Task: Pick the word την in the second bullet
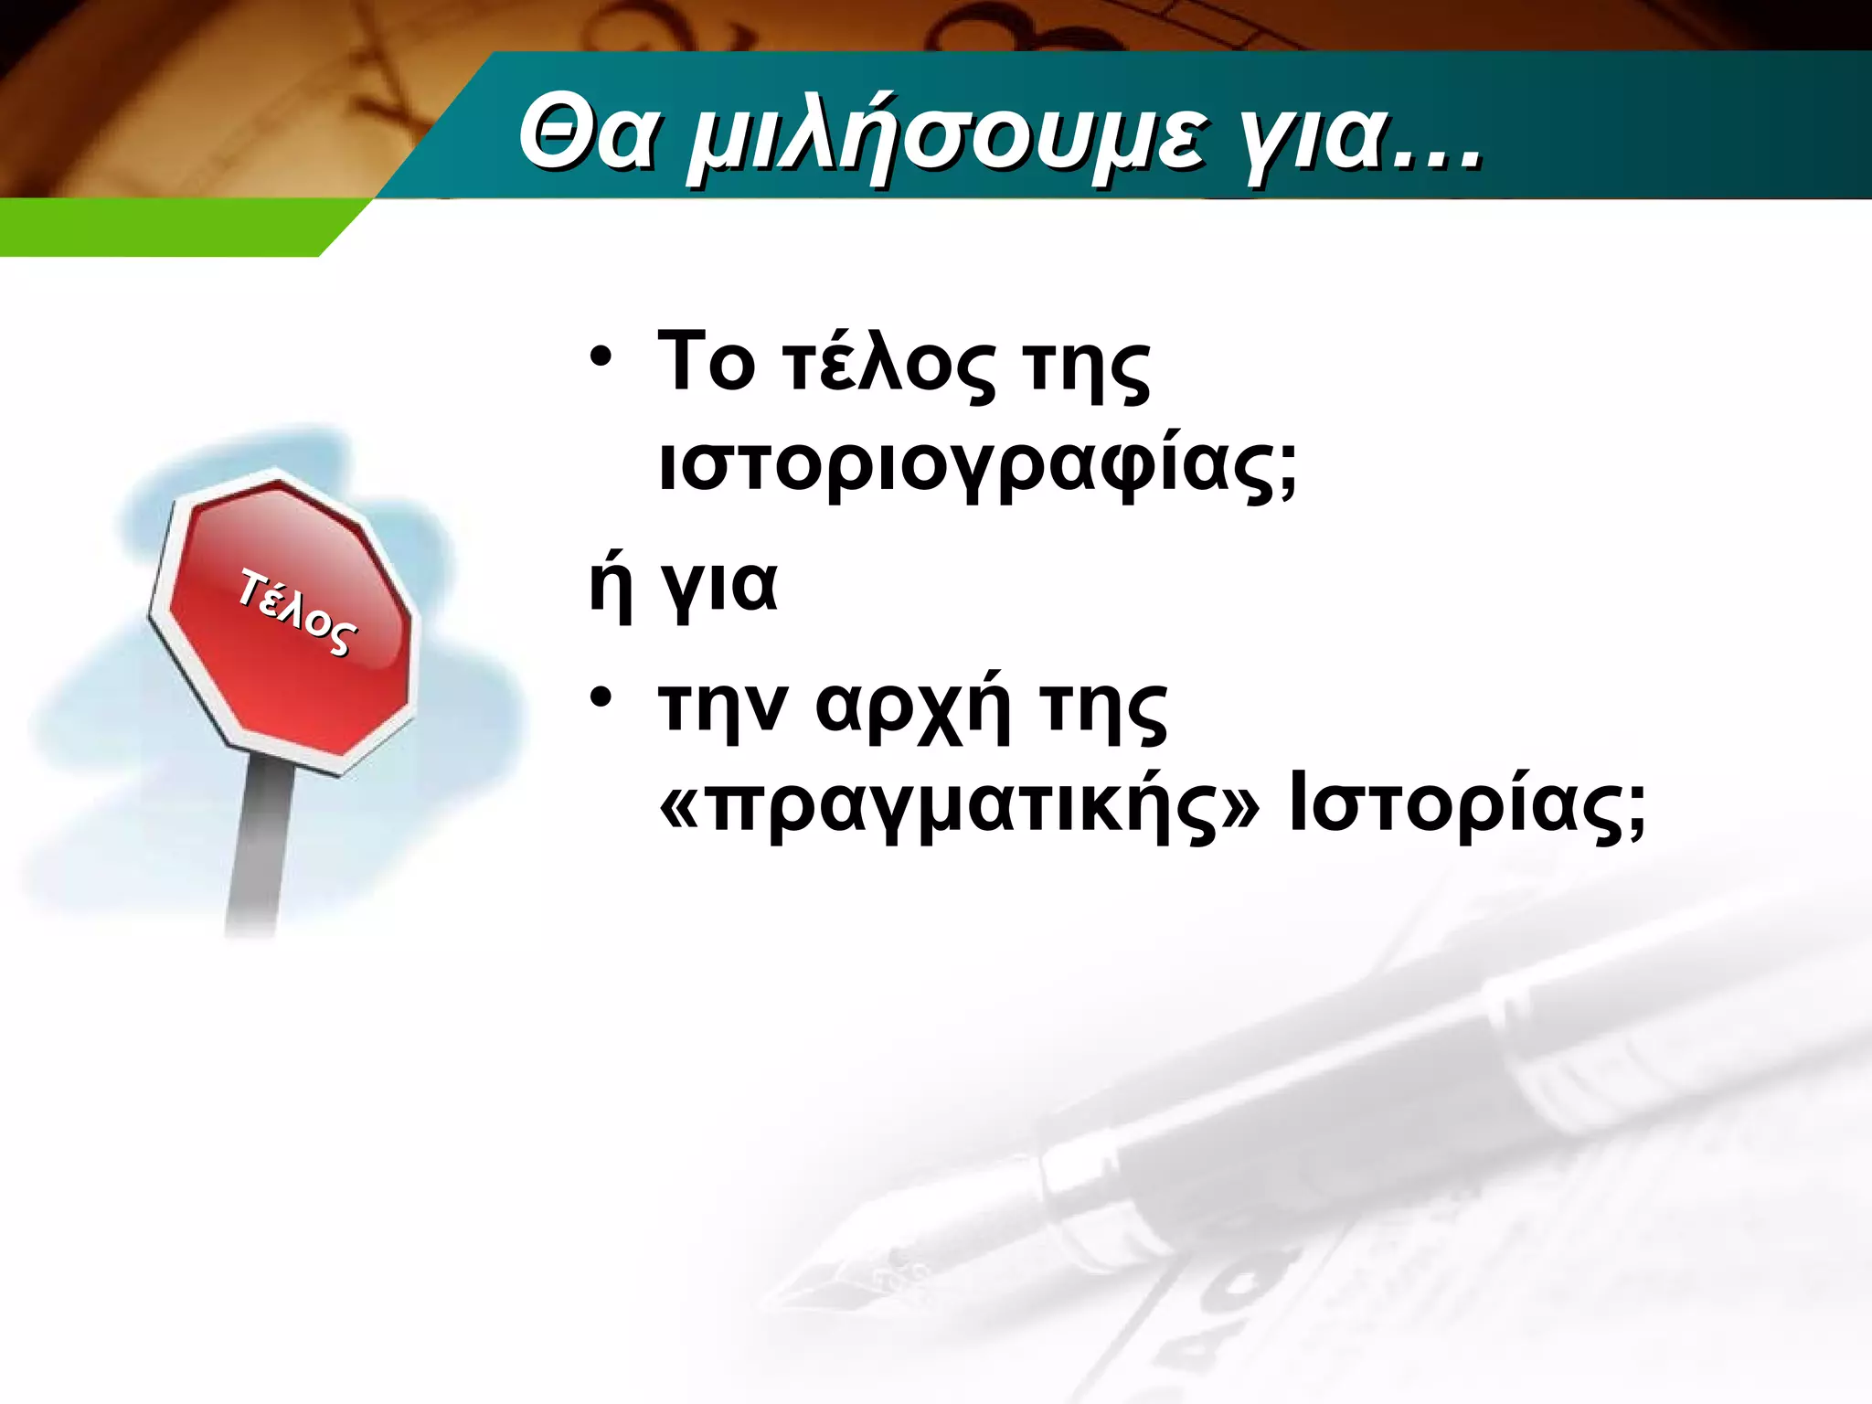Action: pyautogui.click(x=722, y=708)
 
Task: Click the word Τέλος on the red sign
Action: pyautogui.click(x=296, y=611)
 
